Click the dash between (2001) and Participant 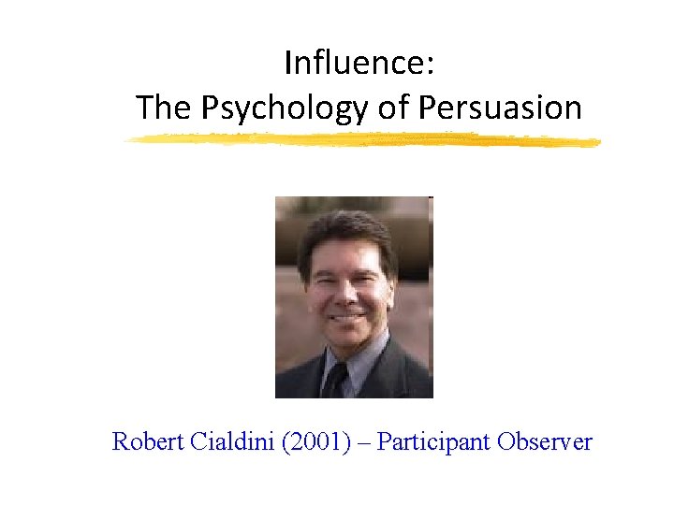tap(362, 442)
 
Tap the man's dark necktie tap(339, 379)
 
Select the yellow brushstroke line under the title tap(363, 140)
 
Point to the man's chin tap(346, 339)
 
